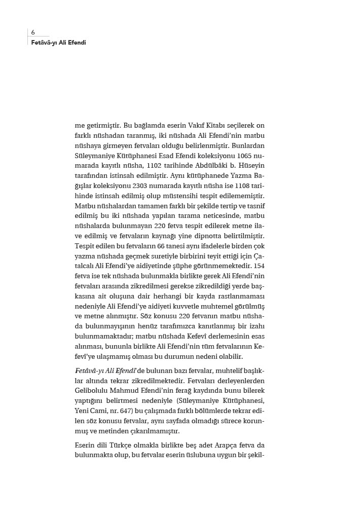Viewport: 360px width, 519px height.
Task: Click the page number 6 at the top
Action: point(33,32)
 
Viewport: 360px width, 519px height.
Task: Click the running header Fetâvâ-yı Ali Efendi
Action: point(58,43)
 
